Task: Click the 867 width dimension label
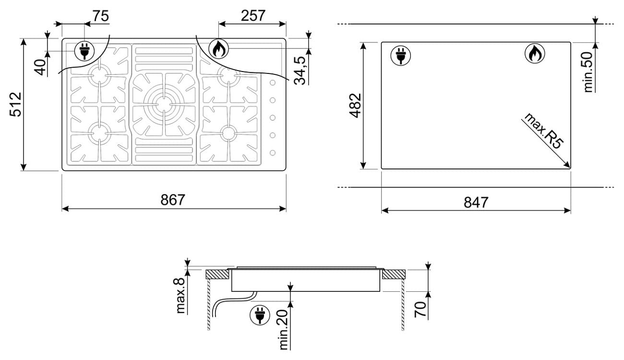coord(173,200)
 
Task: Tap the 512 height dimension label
coord(15,104)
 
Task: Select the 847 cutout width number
coord(476,202)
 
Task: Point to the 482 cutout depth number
coord(356,106)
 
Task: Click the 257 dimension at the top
coord(253,16)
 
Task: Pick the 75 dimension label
coord(101,16)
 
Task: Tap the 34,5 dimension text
coord(300,71)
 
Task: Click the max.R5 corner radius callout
coord(543,131)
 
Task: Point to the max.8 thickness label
coord(180,296)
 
